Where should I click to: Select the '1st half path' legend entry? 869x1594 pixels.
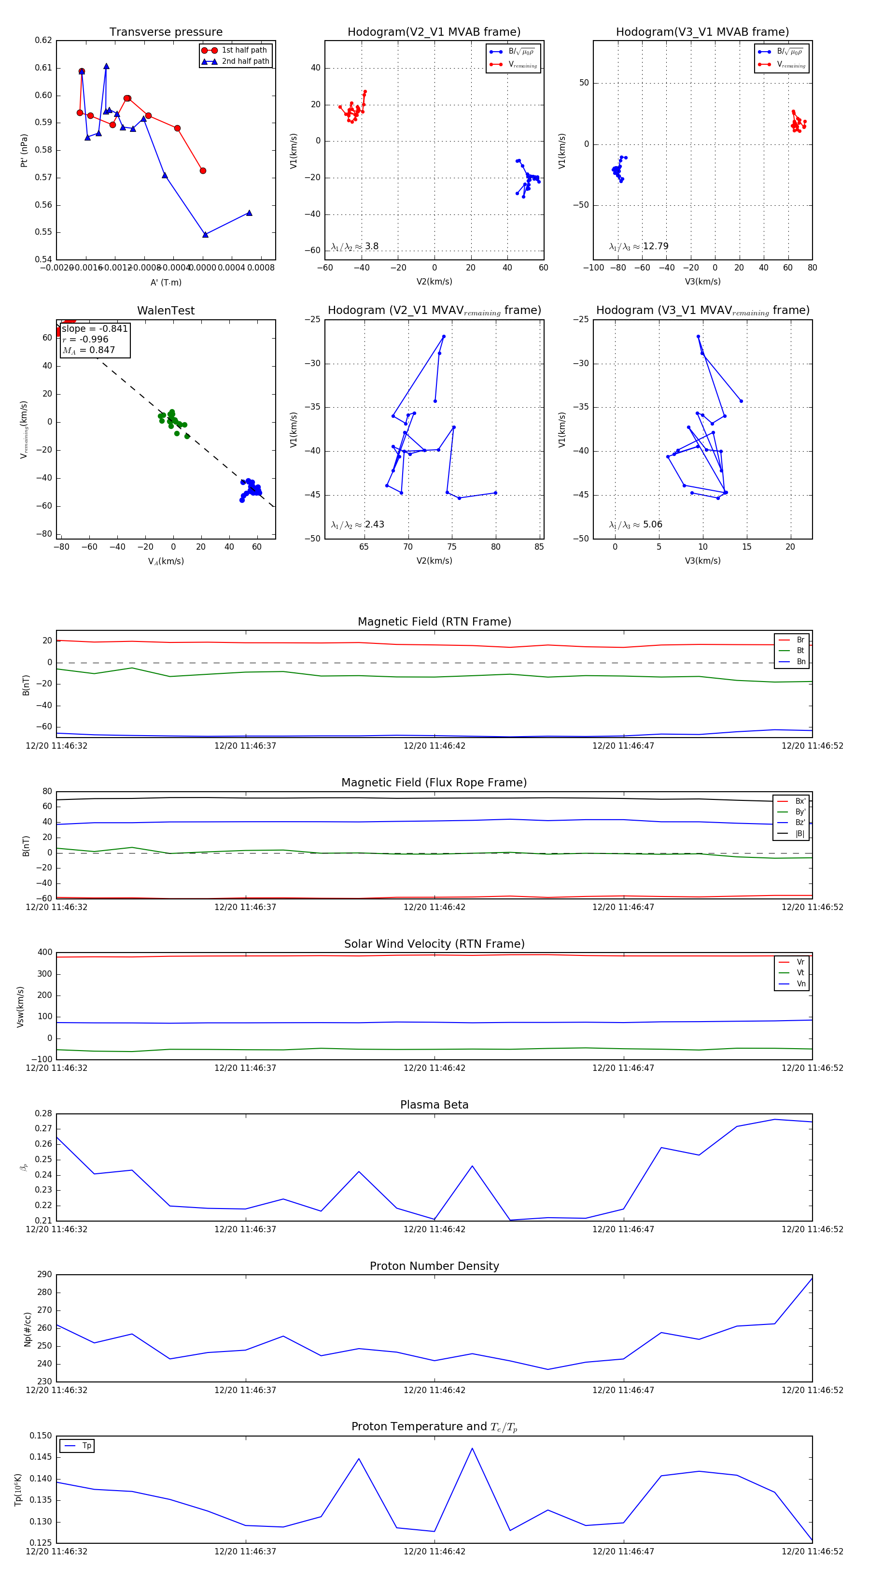point(244,50)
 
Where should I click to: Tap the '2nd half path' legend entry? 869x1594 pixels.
point(245,61)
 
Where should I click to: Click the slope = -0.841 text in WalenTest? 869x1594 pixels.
point(95,328)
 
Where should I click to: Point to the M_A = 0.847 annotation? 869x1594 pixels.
point(88,350)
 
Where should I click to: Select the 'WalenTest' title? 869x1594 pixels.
point(166,311)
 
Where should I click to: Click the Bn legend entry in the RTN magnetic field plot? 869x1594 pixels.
point(800,661)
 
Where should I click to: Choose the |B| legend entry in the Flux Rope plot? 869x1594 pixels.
point(799,834)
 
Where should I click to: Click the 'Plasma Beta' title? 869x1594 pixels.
point(434,1105)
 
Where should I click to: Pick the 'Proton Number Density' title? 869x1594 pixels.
point(434,1266)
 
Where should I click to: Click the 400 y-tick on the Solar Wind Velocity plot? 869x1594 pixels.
point(44,953)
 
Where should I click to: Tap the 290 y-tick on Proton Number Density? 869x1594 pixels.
point(44,1274)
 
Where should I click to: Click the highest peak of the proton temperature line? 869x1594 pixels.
point(472,1448)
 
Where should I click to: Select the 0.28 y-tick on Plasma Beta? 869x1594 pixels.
point(43,1113)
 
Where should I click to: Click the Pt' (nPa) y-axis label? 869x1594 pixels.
point(24,150)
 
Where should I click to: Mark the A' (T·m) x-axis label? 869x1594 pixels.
point(166,282)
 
